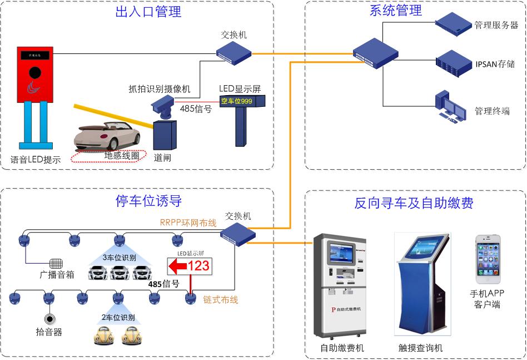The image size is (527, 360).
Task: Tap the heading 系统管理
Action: coord(395,10)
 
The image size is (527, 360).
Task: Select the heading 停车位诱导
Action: coord(148,200)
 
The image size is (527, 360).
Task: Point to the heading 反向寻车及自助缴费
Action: coord(414,203)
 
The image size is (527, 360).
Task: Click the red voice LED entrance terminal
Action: coord(34,75)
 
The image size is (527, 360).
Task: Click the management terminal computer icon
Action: coord(451,105)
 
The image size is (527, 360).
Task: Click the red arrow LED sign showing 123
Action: coord(190,266)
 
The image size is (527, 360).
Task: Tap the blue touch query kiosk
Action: coord(422,284)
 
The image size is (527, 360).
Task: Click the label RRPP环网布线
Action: coord(188,223)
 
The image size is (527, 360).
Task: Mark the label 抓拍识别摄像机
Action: coord(160,88)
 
